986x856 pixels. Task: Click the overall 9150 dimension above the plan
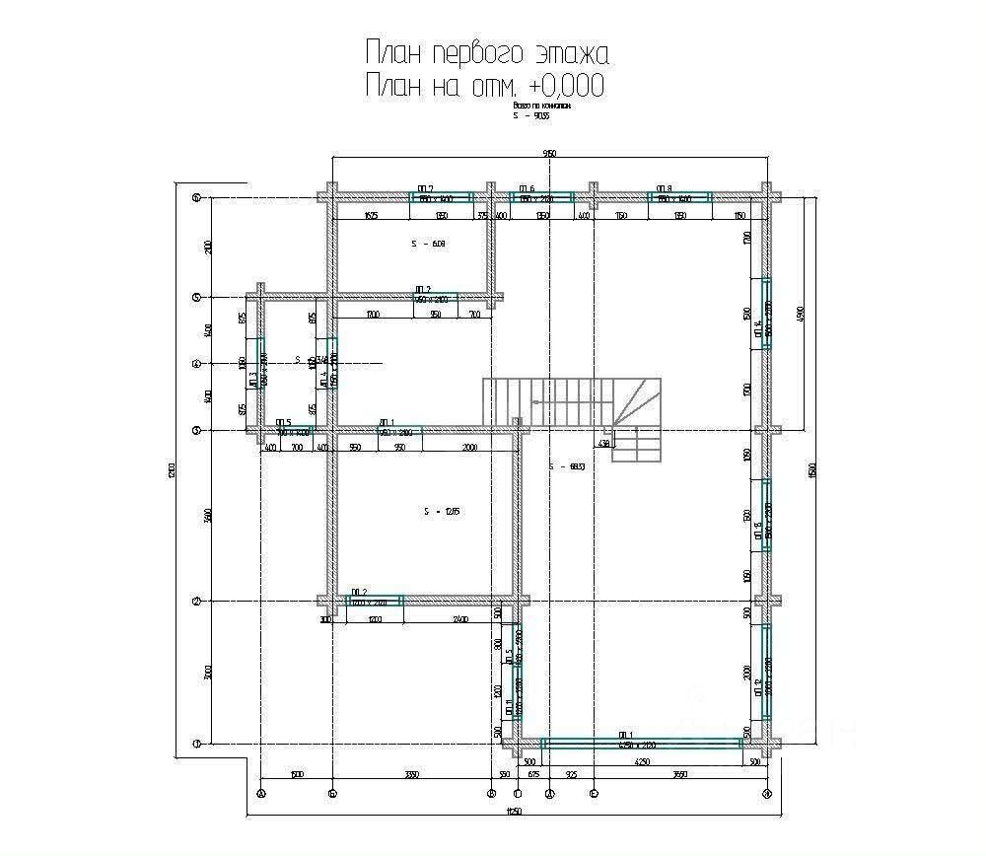[x=549, y=153]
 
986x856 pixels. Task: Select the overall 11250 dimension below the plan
[x=512, y=812]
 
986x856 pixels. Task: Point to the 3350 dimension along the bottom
[x=412, y=775]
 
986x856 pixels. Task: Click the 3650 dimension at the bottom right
[x=679, y=775]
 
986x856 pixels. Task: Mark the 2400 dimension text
[x=459, y=619]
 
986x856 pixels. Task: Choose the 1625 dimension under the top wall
[x=371, y=215]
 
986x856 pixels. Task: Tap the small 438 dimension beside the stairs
[x=604, y=443]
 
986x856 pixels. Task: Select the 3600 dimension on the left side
[x=208, y=516]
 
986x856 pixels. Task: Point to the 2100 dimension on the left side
[x=208, y=247]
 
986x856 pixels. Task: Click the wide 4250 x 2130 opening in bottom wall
[x=641, y=742]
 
